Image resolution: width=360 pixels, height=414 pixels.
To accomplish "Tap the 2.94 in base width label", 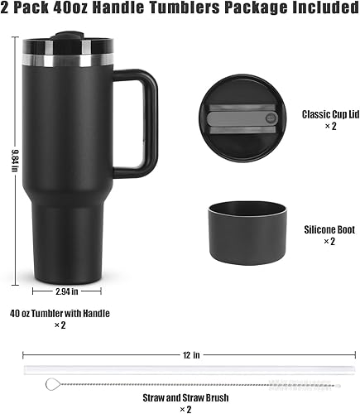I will tap(68, 291).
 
